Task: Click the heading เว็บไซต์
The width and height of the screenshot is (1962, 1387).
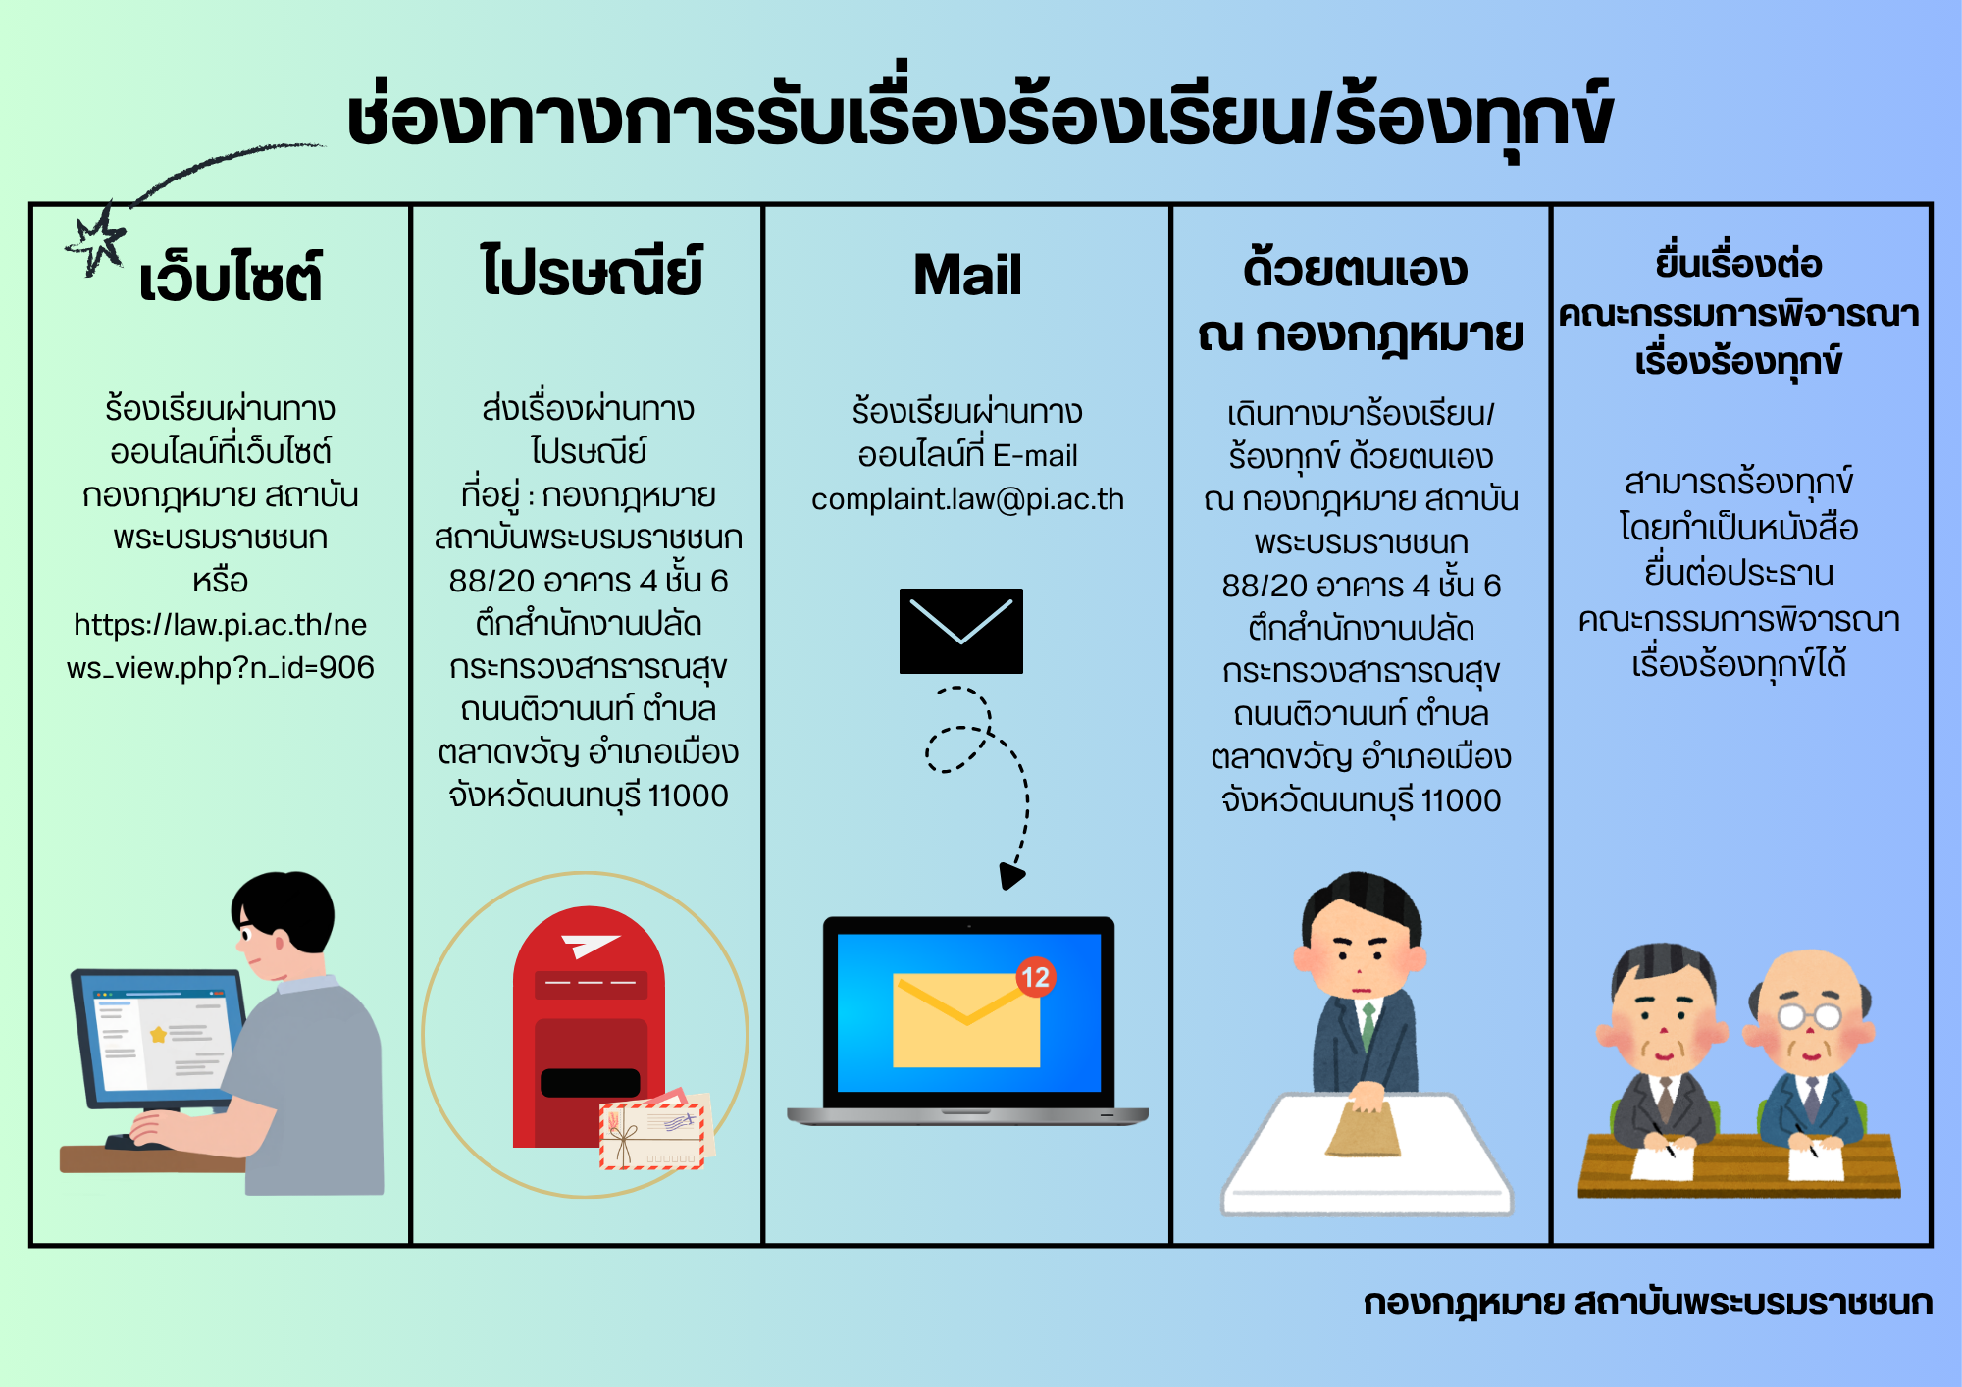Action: pyautogui.click(x=231, y=277)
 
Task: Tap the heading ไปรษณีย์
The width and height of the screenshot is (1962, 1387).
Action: pyautogui.click(x=592, y=271)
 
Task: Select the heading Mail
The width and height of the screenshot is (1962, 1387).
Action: pyautogui.click(x=967, y=275)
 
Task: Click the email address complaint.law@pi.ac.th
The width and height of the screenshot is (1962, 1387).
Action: pyautogui.click(x=967, y=499)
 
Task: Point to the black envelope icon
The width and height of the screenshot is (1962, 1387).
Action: pyautogui.click(x=961, y=631)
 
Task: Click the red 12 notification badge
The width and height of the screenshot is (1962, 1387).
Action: pyautogui.click(x=1035, y=977)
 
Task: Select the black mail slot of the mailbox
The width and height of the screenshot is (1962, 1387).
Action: pyautogui.click(x=591, y=1083)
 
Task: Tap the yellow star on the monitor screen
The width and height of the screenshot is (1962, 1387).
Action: pyautogui.click(x=158, y=1035)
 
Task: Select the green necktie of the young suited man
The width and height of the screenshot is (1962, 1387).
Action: pyautogui.click(x=1368, y=1025)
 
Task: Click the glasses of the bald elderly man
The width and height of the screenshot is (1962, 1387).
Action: pyautogui.click(x=1809, y=1015)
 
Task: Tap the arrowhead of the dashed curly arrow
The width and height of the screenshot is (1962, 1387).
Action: pyautogui.click(x=1011, y=876)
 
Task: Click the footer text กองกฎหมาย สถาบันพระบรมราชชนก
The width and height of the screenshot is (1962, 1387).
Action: pyautogui.click(x=1648, y=1304)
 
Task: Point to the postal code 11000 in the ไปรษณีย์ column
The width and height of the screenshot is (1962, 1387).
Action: pyautogui.click(x=688, y=796)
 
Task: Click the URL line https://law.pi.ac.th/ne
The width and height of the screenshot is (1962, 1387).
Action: pyautogui.click(x=221, y=625)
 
